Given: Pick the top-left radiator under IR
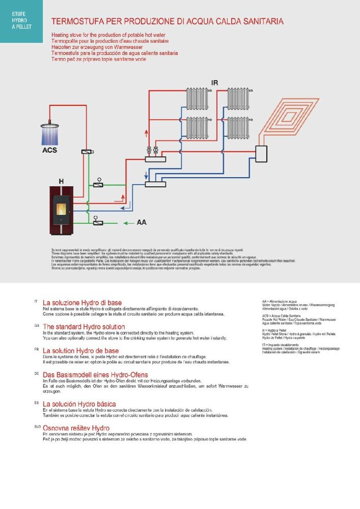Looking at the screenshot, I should [x=196, y=97].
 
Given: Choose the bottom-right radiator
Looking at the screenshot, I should [x=237, y=127].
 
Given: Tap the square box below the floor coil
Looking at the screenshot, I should [x=261, y=152].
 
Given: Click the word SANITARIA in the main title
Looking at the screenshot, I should [x=258, y=22].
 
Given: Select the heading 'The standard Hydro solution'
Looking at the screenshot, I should [x=84, y=326].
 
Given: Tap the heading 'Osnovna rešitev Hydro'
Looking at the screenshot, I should [x=76, y=428].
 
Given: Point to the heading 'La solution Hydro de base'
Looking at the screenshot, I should [x=80, y=351].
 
